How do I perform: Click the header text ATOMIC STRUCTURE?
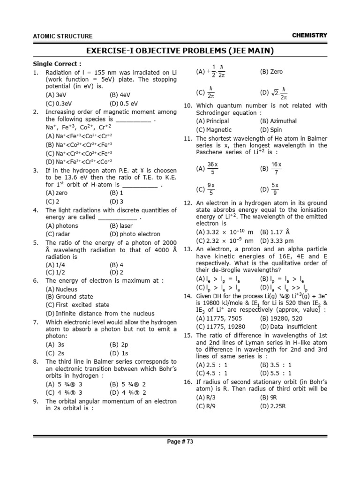click(x=62, y=36)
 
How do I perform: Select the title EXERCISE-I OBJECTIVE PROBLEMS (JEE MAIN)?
click(x=180, y=51)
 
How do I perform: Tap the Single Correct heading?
click(x=57, y=64)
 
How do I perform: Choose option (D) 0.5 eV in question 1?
click(x=124, y=104)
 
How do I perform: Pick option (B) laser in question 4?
click(x=121, y=225)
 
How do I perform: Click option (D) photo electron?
click(x=135, y=234)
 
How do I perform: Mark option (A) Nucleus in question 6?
click(x=61, y=289)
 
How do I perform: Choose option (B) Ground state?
click(x=69, y=297)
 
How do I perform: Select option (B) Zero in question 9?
click(x=271, y=72)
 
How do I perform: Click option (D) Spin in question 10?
click(x=271, y=129)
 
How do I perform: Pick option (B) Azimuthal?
click(x=278, y=121)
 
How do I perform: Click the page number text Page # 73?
click(x=180, y=442)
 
